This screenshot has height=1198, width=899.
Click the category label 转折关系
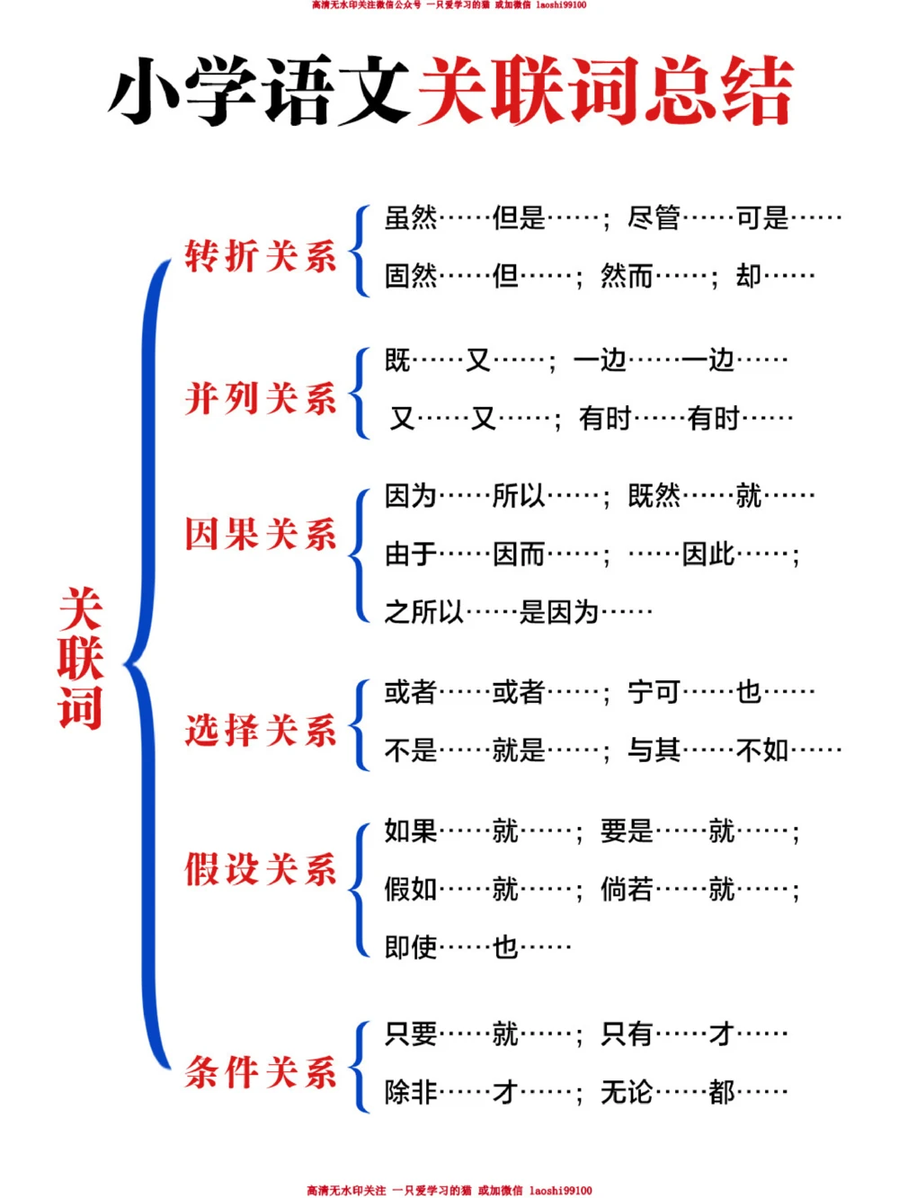[x=261, y=256]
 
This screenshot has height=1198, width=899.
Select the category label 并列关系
[x=261, y=398]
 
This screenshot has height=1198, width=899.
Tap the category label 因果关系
[x=261, y=534]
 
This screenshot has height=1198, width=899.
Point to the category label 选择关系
[x=261, y=730]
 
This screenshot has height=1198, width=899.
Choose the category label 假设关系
[x=261, y=869]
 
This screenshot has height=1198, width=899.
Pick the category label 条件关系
[x=261, y=1072]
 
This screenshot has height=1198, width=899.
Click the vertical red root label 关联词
[x=80, y=659]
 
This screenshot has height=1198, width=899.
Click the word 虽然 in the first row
[x=411, y=217]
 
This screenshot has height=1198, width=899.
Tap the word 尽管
[x=654, y=217]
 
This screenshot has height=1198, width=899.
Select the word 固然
[x=411, y=275]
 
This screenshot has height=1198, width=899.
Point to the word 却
[x=748, y=275]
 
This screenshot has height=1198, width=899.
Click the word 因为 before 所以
[x=411, y=495]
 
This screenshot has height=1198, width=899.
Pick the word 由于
[x=411, y=554]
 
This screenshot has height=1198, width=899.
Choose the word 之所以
[x=423, y=612]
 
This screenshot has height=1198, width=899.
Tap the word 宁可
[x=654, y=692]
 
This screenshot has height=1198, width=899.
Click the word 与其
[x=654, y=750]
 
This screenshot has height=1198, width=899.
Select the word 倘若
[x=627, y=889]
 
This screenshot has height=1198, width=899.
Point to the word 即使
[x=411, y=946]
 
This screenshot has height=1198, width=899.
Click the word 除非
[x=411, y=1092]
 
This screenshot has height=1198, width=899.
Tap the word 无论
[x=627, y=1092]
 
